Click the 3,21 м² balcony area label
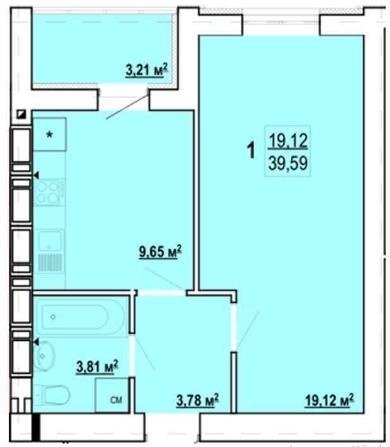pos(147,70)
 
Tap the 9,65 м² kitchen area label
pos(160,252)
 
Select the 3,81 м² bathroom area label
pos(97,366)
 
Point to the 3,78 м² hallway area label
pos(198,400)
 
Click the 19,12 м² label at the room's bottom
pos(329,400)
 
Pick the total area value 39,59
pos(288,164)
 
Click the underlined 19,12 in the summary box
pos(288,141)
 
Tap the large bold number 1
pos(251,150)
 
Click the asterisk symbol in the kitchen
pos(50,134)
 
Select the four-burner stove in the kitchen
pos(49,192)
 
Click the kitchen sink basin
pos(51,241)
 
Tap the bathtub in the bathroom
pos(80,316)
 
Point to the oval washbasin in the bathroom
pos(44,356)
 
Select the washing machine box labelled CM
pos(111,395)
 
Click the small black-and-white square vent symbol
pos(21,115)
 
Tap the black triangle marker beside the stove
pos(36,176)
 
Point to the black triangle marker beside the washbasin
pos(36,342)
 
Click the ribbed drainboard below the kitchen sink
pos(50,263)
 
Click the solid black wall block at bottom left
pos(35,427)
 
